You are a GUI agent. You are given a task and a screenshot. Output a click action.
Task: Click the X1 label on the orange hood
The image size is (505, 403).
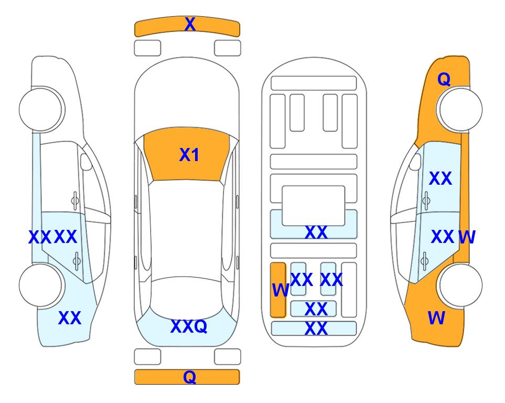(x=189, y=155)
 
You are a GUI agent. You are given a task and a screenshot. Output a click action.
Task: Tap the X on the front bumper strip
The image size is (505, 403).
(x=190, y=24)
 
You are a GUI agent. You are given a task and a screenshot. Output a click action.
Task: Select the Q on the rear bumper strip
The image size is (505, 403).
(x=189, y=377)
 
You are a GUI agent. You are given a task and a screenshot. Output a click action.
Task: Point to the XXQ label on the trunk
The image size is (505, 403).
(x=189, y=326)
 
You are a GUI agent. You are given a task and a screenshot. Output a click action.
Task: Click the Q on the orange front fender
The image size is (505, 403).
(x=444, y=79)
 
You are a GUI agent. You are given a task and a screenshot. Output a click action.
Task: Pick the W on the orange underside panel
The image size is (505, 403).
(x=280, y=290)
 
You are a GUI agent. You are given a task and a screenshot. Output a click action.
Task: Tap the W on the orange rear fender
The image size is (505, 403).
(x=436, y=318)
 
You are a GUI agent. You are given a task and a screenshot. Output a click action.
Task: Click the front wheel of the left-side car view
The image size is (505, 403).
(x=41, y=109)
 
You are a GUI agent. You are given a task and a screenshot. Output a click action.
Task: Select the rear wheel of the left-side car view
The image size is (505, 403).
(x=41, y=285)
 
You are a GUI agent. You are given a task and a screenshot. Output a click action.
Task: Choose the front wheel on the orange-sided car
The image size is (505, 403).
(x=459, y=109)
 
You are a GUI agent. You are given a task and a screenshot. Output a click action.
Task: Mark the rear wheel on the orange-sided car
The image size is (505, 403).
(x=459, y=285)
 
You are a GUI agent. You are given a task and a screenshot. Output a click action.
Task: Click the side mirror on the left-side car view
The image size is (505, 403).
(x=86, y=162)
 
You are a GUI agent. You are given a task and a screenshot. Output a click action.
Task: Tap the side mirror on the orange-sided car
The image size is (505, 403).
(x=415, y=162)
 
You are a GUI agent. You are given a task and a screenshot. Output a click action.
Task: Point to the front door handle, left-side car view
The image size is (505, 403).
(x=75, y=200)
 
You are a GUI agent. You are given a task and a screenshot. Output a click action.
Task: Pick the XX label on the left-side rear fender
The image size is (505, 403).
(x=70, y=318)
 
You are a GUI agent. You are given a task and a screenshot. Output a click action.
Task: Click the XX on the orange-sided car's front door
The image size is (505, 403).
(x=440, y=178)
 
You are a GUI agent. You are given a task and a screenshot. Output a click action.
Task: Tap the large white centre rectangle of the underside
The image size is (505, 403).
(x=314, y=206)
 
